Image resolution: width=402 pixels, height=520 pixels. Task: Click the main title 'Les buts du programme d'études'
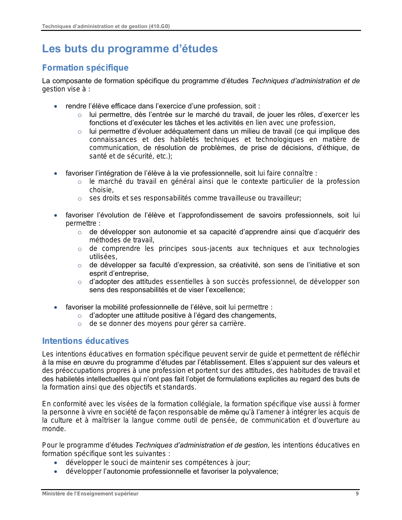pos(130,49)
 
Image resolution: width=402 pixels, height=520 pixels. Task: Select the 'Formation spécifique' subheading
pos(85,68)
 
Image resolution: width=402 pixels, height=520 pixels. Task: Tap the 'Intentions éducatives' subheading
pos(85,341)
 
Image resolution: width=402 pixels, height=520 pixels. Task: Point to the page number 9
pos(357,494)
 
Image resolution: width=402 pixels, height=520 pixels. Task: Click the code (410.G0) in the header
pos(159,26)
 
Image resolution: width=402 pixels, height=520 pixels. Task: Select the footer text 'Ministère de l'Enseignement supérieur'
pos(90,494)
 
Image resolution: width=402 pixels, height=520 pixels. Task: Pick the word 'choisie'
pos(101,190)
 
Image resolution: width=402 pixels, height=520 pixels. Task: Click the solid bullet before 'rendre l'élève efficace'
pos(56,107)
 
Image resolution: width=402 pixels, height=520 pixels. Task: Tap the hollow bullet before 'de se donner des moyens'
pos(80,324)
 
